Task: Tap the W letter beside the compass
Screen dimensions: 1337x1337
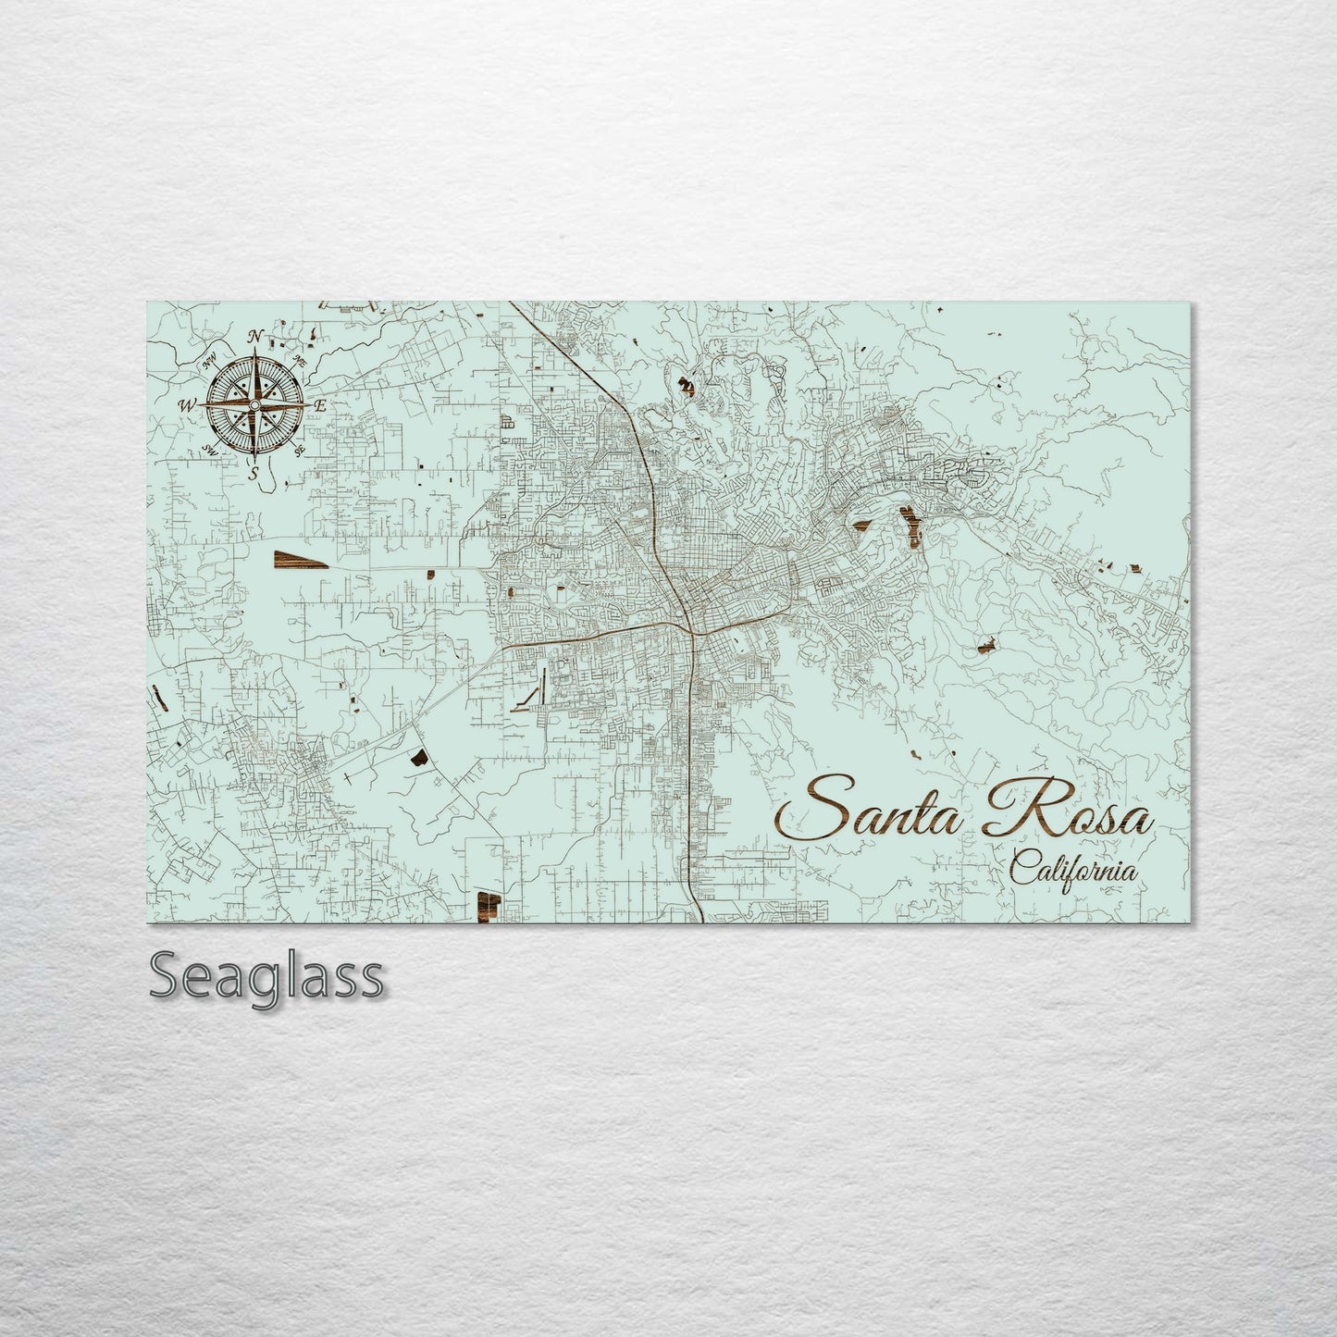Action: point(186,404)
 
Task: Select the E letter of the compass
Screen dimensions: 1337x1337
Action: point(320,405)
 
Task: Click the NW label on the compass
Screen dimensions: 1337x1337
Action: point(209,360)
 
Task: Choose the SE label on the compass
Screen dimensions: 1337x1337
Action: point(299,450)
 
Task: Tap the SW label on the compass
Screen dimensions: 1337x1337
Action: point(209,450)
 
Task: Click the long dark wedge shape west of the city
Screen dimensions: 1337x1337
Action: point(299,558)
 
